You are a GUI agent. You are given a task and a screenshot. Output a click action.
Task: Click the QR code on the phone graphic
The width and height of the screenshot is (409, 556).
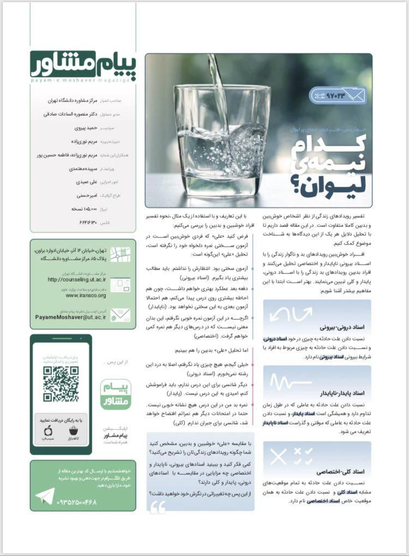point(61,384)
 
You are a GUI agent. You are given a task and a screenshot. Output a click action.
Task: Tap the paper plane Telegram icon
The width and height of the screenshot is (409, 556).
point(44,497)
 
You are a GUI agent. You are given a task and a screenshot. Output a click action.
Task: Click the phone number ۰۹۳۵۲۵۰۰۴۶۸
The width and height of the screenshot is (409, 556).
point(76,501)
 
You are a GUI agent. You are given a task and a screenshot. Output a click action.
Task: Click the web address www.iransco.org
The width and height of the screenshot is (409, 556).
point(86,295)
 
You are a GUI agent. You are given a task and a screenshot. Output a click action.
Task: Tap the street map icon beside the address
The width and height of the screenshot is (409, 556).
point(120,254)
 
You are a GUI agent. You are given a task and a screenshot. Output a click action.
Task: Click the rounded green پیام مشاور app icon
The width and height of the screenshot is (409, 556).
point(116,394)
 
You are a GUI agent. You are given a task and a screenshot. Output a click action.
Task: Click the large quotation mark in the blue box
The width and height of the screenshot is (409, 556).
point(158,508)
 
